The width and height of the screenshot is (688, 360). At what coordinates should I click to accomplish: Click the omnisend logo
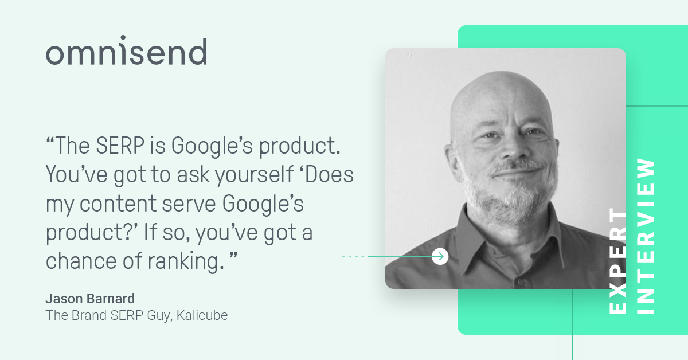126,50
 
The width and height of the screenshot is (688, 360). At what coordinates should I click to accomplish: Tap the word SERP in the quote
120,146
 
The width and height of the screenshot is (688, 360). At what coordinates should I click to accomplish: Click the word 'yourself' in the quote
255,175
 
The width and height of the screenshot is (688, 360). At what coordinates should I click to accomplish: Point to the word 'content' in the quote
118,204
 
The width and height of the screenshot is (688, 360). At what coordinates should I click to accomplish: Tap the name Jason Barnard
91,299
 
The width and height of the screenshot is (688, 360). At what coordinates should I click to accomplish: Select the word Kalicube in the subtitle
202,315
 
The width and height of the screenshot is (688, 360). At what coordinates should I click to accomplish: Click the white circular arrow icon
440,256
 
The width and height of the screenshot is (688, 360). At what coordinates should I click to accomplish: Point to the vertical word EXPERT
618,261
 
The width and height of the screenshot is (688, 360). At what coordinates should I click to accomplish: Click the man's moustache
517,167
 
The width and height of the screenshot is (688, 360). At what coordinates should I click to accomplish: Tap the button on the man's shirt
520,281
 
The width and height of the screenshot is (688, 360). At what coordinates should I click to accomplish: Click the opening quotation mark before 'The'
50,140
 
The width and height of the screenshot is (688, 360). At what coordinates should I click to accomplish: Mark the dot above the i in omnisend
123,37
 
